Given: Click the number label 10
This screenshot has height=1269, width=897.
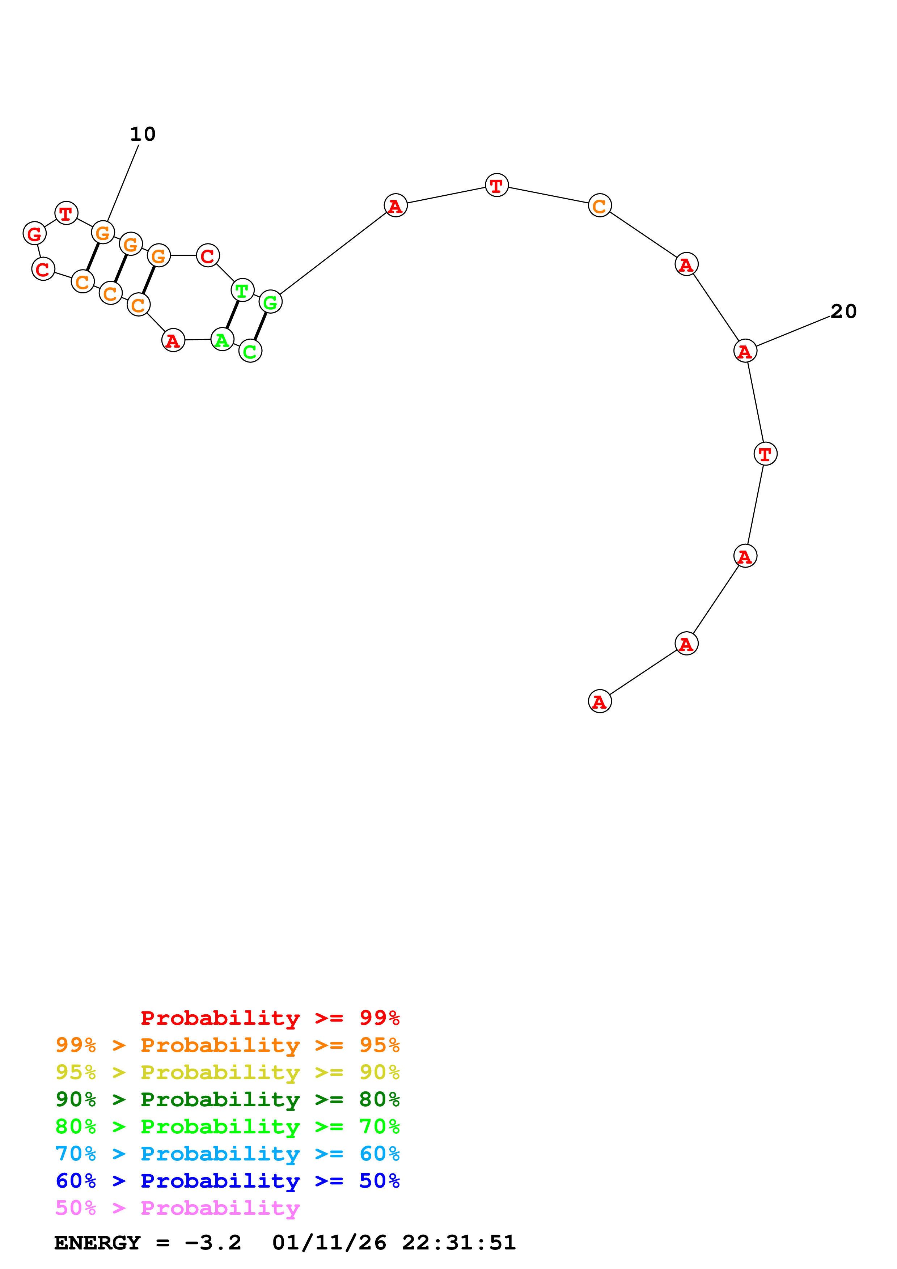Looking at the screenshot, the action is [143, 134].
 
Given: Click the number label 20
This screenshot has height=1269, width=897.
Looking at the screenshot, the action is [843, 312].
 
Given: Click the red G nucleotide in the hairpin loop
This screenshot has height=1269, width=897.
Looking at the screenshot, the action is [34, 233].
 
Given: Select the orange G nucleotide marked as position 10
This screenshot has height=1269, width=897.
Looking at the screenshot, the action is [103, 232].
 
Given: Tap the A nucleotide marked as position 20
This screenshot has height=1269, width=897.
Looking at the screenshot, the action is [745, 351].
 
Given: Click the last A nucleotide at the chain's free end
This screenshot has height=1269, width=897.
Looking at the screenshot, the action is [600, 701].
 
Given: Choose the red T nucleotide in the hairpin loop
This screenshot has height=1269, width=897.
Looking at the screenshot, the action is [66, 213].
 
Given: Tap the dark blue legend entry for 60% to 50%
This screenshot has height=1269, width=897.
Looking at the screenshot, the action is [227, 1181].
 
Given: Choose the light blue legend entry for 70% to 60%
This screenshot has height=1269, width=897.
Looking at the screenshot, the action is [227, 1154].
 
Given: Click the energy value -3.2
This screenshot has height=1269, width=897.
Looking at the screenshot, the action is [213, 1243].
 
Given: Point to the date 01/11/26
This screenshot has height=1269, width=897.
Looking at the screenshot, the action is [329, 1243].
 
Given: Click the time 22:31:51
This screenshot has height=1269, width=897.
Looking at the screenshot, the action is [459, 1243].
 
